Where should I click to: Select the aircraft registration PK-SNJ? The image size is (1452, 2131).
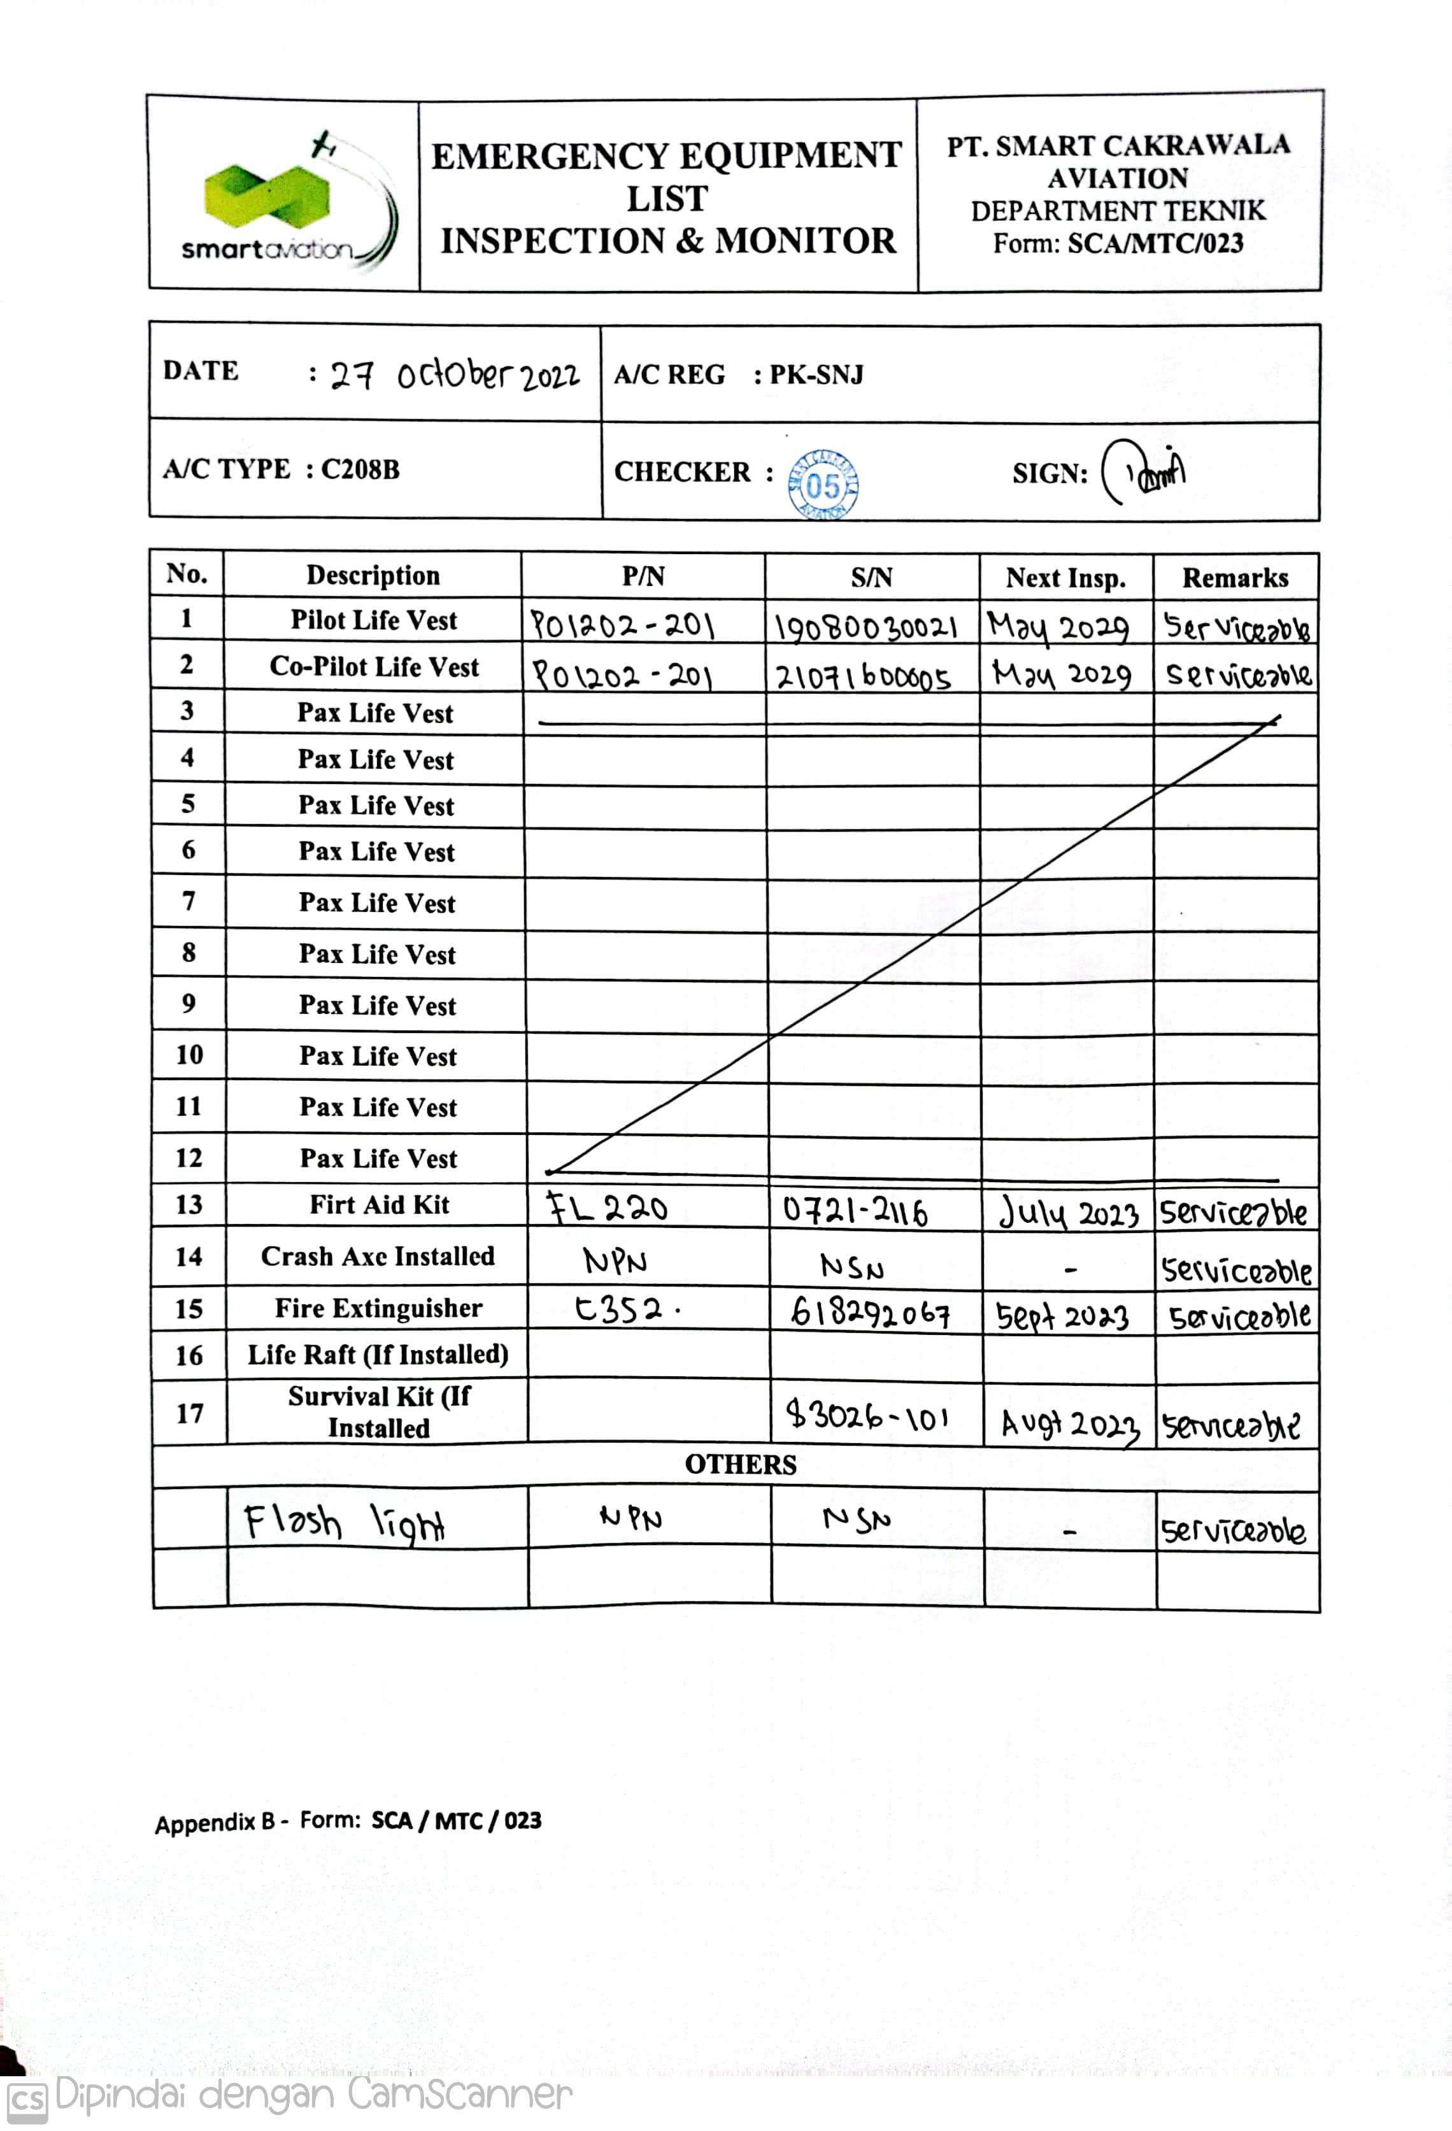(816, 375)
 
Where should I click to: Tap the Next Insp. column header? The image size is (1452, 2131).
(1065, 578)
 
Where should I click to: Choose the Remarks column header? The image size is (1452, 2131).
(1235, 578)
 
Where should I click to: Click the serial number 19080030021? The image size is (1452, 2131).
(866, 627)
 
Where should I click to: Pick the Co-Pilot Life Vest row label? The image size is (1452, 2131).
(374, 667)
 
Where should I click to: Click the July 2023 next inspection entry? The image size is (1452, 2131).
(1069, 1214)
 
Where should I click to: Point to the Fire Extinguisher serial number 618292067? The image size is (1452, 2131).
(870, 1313)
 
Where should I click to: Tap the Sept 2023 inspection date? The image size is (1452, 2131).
(1062, 1316)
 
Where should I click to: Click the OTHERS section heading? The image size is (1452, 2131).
(741, 1464)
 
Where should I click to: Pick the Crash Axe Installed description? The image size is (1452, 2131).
(378, 1256)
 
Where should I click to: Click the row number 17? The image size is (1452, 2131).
(190, 1413)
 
